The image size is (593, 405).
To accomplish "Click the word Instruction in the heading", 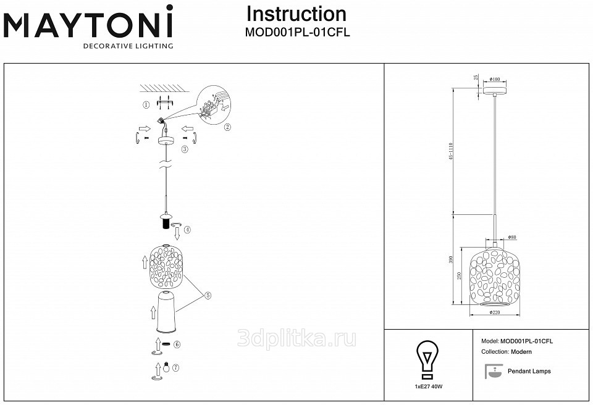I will click(296, 14).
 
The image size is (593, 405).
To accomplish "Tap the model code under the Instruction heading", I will click(298, 33).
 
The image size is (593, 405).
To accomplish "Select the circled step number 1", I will click(146, 105).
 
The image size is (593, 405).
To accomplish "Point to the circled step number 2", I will click(227, 127).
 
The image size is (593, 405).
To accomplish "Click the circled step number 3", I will click(185, 149).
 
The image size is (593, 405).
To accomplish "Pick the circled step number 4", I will click(187, 230).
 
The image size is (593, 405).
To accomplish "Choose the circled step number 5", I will click(208, 296).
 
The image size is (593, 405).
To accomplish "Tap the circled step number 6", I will click(177, 344).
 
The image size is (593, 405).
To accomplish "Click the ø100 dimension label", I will click(495, 79).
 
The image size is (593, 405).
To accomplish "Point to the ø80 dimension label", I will click(511, 237).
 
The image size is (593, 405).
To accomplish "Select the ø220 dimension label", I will click(494, 312).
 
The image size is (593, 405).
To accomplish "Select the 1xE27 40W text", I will click(429, 386).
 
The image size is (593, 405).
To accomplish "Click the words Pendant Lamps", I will click(529, 371).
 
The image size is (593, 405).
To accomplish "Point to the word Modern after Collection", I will click(521, 352).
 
